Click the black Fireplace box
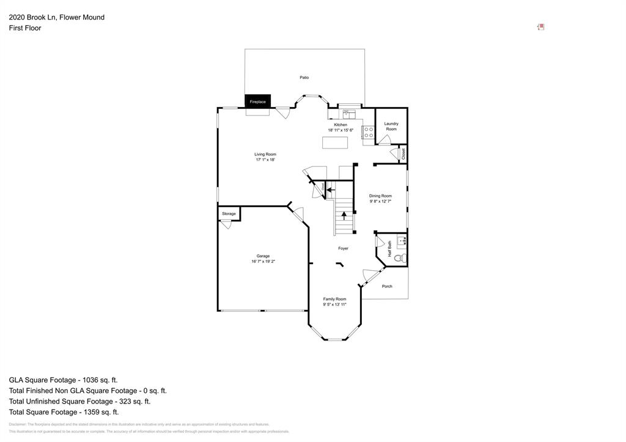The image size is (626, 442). [x=258, y=101]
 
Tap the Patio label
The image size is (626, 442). [x=304, y=78]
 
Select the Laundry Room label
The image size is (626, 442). [x=391, y=126]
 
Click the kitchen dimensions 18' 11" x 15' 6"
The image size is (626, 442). [x=341, y=130]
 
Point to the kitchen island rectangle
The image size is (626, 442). [x=335, y=142]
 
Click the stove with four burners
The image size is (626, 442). [x=368, y=133]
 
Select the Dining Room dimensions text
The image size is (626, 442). [x=380, y=201]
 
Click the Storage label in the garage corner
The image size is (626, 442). [x=229, y=213]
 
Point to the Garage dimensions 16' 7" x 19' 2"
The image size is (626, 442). [x=263, y=262]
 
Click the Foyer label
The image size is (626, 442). [x=344, y=248]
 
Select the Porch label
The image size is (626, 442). [x=387, y=286]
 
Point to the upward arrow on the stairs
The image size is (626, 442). [x=344, y=215]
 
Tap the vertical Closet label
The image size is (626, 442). [x=403, y=154]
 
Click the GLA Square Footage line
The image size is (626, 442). [x=63, y=380]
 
